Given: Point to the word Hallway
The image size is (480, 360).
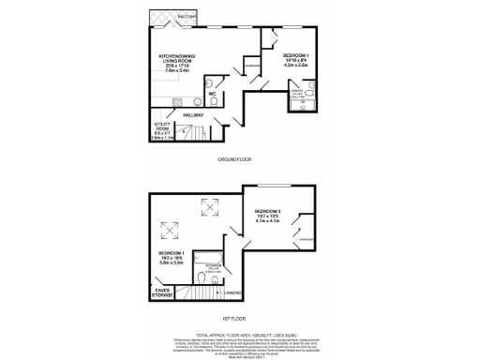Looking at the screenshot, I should point(195,115).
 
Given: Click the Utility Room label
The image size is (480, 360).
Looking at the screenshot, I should point(161,127).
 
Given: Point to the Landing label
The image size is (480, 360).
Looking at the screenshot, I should point(231,292).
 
